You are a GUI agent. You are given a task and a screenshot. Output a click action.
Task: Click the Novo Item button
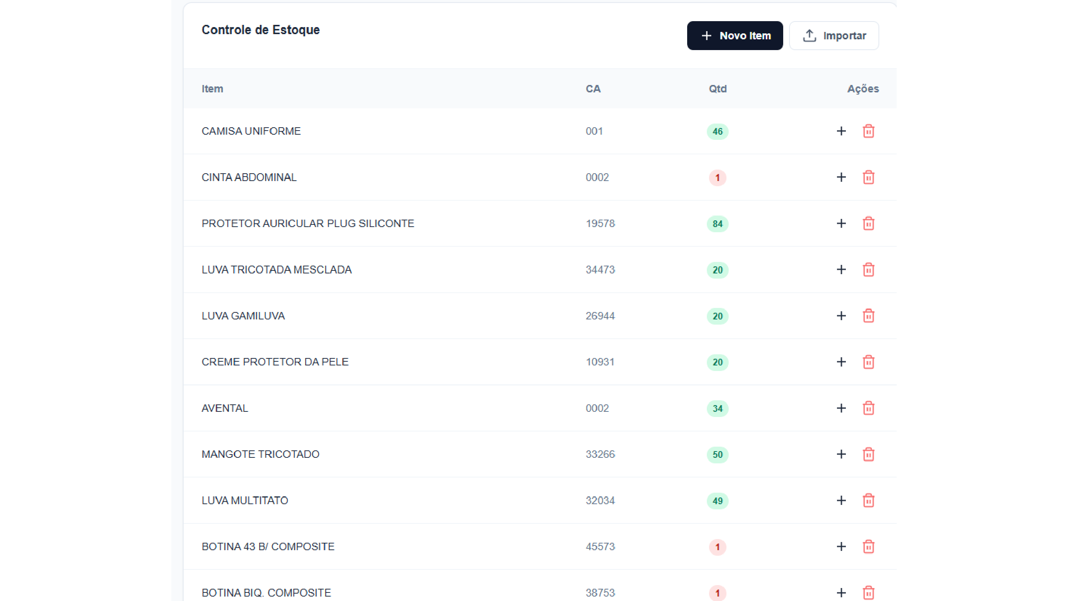click(x=735, y=36)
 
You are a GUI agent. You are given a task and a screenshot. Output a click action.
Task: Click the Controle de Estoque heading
click(x=260, y=30)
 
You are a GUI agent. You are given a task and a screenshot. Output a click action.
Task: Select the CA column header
click(x=593, y=89)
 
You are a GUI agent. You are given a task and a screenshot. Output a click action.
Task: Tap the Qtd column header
click(x=718, y=89)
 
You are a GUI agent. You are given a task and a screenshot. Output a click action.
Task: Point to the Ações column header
click(x=863, y=89)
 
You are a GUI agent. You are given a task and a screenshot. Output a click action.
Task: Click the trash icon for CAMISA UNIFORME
click(x=868, y=131)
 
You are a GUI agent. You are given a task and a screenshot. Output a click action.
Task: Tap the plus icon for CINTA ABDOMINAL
click(x=841, y=178)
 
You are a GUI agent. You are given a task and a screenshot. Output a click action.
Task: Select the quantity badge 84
click(x=717, y=224)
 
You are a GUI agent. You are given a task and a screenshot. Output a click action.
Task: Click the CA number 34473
click(x=600, y=270)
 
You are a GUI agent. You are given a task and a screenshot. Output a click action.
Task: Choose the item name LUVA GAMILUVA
click(x=243, y=316)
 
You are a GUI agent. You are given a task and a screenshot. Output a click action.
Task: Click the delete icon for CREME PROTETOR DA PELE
click(x=868, y=362)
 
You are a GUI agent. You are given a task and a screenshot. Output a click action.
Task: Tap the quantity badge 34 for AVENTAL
click(x=717, y=408)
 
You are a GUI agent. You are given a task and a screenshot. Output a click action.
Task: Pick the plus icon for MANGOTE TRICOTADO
click(x=841, y=454)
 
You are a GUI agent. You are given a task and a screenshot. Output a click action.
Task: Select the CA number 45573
click(x=600, y=547)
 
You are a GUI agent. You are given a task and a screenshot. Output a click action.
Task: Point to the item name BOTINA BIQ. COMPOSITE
click(x=266, y=593)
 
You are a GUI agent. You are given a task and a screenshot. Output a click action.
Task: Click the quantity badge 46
click(x=717, y=131)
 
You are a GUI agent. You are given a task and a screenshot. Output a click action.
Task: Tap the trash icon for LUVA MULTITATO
click(x=868, y=500)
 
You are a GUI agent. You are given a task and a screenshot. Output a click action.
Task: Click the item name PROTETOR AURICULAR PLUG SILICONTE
click(x=308, y=224)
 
